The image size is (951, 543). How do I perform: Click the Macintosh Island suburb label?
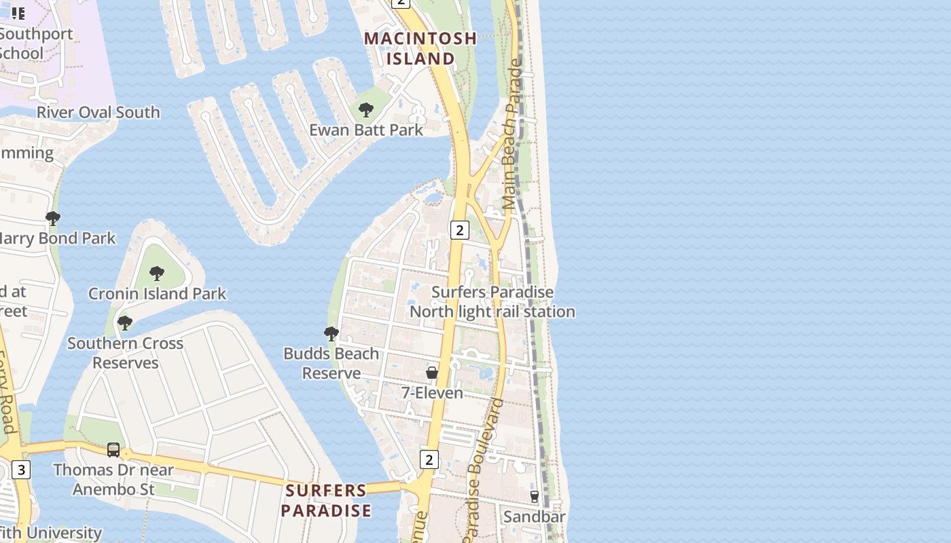click(420, 48)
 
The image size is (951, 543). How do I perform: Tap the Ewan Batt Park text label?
click(366, 130)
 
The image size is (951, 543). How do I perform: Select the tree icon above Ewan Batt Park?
click(366, 110)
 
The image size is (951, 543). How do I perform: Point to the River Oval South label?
click(98, 112)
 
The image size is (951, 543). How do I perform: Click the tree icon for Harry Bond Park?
click(53, 219)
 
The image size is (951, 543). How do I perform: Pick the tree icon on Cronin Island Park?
click(157, 274)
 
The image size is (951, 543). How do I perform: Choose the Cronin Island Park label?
click(157, 294)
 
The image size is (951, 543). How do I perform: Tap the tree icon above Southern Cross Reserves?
click(125, 323)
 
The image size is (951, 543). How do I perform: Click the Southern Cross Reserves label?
click(125, 353)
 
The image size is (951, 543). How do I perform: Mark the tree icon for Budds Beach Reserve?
click(331, 334)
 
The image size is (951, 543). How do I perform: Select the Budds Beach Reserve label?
click(331, 363)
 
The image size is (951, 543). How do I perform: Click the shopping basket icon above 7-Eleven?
click(432, 373)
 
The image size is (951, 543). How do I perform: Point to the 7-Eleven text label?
click(432, 393)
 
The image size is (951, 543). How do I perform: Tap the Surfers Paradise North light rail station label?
click(492, 302)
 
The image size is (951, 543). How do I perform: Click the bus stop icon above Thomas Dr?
click(113, 450)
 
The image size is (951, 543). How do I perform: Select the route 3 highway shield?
click(21, 470)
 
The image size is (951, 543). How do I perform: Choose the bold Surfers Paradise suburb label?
click(326, 500)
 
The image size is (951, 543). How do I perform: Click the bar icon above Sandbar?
click(535, 497)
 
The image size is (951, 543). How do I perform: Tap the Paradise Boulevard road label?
click(484, 468)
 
